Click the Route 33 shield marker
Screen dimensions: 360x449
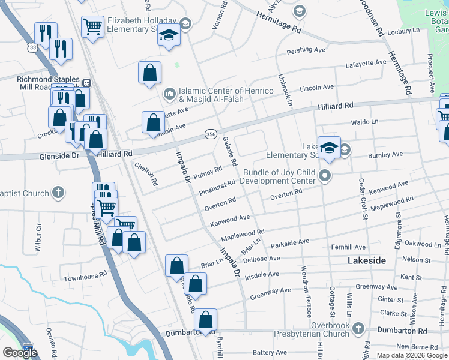pos(32,47)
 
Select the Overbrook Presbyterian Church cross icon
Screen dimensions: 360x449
pos(358,329)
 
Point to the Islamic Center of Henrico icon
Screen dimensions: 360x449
pos(169,94)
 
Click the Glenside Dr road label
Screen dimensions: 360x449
pos(59,155)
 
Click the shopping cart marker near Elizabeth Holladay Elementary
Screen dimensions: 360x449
pos(92,26)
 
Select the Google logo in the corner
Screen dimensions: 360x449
pos(20,353)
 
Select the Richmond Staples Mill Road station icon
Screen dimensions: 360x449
pos(86,82)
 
